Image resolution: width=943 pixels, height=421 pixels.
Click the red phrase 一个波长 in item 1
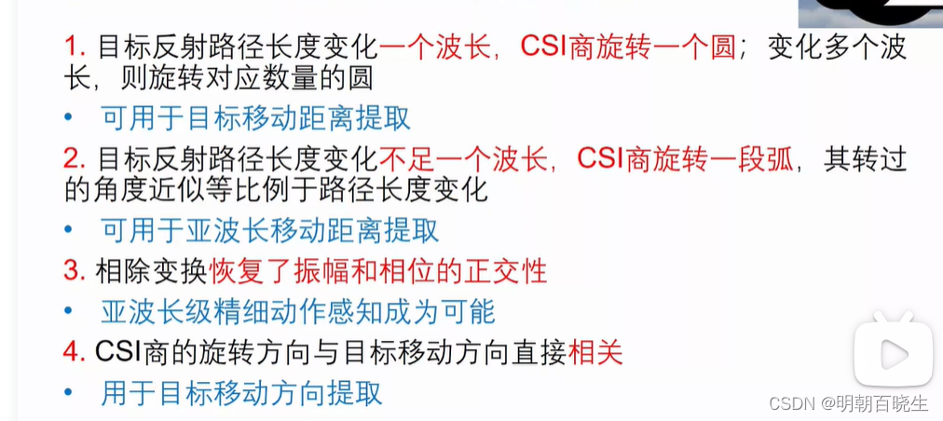pyautogui.click(x=435, y=48)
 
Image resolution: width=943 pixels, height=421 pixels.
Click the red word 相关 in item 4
pyautogui.click(x=596, y=351)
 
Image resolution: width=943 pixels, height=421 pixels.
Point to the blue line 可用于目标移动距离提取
pyautogui.click(x=256, y=119)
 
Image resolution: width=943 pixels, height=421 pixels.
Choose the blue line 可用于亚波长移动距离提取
pyautogui.click(x=270, y=230)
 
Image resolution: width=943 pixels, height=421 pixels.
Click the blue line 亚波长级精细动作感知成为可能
pyautogui.click(x=297, y=311)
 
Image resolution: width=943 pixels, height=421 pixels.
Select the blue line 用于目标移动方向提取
pyautogui.click(x=242, y=392)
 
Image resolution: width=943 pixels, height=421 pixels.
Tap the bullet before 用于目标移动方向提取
pyautogui.click(x=68, y=393)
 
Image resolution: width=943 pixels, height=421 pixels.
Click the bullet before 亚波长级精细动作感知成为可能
pyautogui.click(x=68, y=312)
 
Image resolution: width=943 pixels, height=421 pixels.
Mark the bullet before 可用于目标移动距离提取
pyautogui.click(x=68, y=120)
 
